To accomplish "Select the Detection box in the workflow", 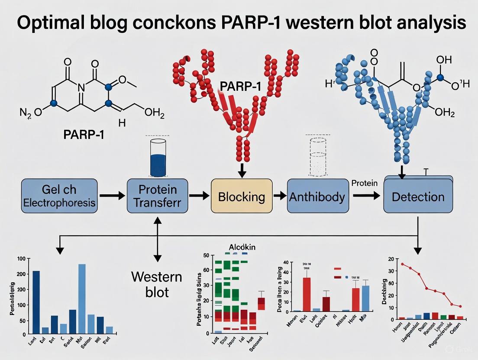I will point(418,196).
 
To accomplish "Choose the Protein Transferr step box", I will point(158,196).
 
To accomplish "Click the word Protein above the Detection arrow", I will point(364,183).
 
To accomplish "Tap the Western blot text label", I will point(157,284).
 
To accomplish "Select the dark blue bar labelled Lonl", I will point(36,302).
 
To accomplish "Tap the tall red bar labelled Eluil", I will point(307,294).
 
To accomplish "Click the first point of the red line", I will point(402,264).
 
